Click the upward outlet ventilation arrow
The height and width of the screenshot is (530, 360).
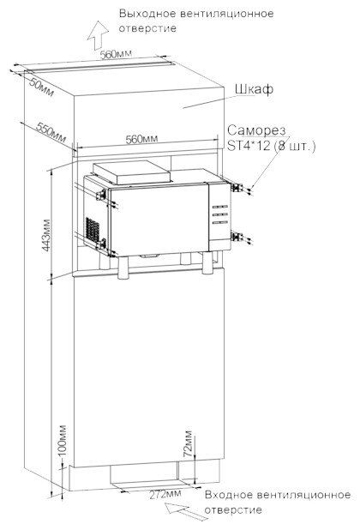(98, 35)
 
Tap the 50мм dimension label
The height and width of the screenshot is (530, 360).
(41, 87)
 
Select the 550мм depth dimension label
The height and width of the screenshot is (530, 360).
(51, 132)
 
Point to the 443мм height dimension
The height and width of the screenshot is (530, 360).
(46, 235)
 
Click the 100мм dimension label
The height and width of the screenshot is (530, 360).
(63, 440)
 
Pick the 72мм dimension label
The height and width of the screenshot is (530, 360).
(188, 443)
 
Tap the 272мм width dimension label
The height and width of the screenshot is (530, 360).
(165, 494)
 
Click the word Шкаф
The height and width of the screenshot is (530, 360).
(254, 89)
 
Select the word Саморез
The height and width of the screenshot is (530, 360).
(256, 130)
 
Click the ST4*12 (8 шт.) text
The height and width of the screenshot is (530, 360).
(271, 146)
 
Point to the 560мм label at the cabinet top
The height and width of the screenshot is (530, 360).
(116, 54)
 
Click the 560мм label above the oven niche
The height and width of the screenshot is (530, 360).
(141, 139)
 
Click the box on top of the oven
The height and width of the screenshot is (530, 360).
(132, 172)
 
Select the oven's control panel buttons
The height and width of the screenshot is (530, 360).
(219, 214)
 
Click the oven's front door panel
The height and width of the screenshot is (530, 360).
(159, 220)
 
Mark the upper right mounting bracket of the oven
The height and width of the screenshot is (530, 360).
(237, 188)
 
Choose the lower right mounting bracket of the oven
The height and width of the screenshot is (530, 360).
(237, 236)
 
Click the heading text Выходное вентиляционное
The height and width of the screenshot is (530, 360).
(196, 14)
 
